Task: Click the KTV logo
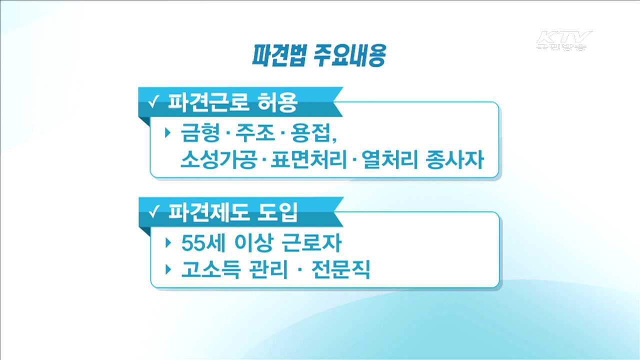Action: (564, 40)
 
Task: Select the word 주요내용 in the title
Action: (349, 56)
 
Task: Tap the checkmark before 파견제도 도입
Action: (154, 213)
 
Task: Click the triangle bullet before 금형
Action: (168, 133)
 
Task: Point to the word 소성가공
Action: (217, 161)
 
